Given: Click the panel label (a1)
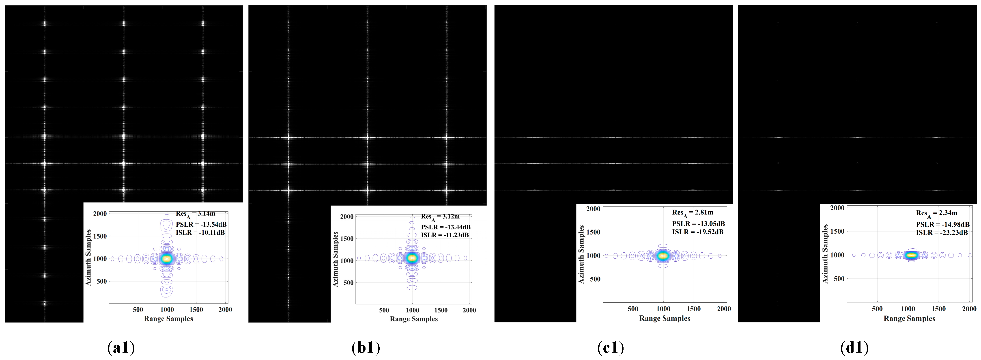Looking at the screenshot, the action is [121, 347].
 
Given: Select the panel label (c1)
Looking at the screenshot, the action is [611, 347].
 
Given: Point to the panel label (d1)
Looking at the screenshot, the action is [854, 347].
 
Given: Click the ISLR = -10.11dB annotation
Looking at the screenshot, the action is [200, 232].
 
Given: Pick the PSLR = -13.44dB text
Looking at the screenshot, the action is [445, 227].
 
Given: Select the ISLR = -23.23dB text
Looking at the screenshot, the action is [942, 232].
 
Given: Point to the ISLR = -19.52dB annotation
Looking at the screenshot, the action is [698, 232].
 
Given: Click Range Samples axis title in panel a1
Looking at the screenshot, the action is [168, 319].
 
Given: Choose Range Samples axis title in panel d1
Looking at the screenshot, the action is [909, 318].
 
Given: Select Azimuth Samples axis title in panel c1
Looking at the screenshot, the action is [581, 254].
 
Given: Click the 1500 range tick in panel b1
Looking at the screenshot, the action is [441, 310].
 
